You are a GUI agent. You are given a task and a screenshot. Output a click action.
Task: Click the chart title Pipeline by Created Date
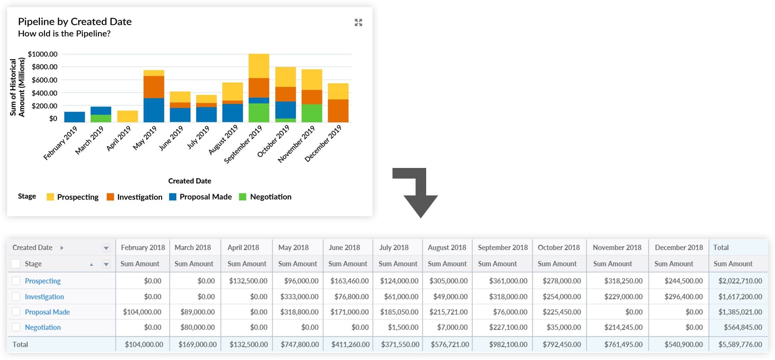tap(75, 22)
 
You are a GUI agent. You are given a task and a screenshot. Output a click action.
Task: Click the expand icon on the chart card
tap(358, 22)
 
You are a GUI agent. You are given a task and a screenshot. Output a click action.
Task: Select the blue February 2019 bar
tap(74, 117)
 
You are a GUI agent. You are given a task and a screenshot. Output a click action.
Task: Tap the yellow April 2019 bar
tap(127, 116)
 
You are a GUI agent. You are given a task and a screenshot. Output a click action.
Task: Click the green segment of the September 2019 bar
tap(259, 113)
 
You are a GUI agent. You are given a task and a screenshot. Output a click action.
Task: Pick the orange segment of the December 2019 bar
tap(338, 111)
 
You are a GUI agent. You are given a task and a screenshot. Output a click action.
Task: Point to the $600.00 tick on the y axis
tap(44, 80)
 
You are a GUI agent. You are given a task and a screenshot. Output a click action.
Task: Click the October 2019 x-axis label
tap(274, 141)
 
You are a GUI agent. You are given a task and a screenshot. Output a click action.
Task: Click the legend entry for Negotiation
tap(266, 197)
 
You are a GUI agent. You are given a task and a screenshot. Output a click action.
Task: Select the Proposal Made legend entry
tap(201, 197)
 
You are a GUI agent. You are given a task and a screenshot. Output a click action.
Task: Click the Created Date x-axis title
tap(190, 181)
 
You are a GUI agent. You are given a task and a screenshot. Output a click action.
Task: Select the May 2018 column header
tap(293, 247)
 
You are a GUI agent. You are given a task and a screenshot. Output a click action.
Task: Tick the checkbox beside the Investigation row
tap(16, 296)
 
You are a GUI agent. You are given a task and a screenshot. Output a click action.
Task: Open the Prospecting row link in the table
tap(43, 281)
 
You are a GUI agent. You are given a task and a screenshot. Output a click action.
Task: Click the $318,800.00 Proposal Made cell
tap(299, 312)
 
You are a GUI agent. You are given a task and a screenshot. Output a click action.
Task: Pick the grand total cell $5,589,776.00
tap(740, 344)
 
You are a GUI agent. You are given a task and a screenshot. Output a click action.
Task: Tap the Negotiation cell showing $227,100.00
tap(508, 327)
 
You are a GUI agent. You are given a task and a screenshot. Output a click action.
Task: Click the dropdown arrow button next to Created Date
tap(106, 248)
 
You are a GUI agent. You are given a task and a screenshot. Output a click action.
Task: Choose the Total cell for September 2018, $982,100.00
tap(508, 344)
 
